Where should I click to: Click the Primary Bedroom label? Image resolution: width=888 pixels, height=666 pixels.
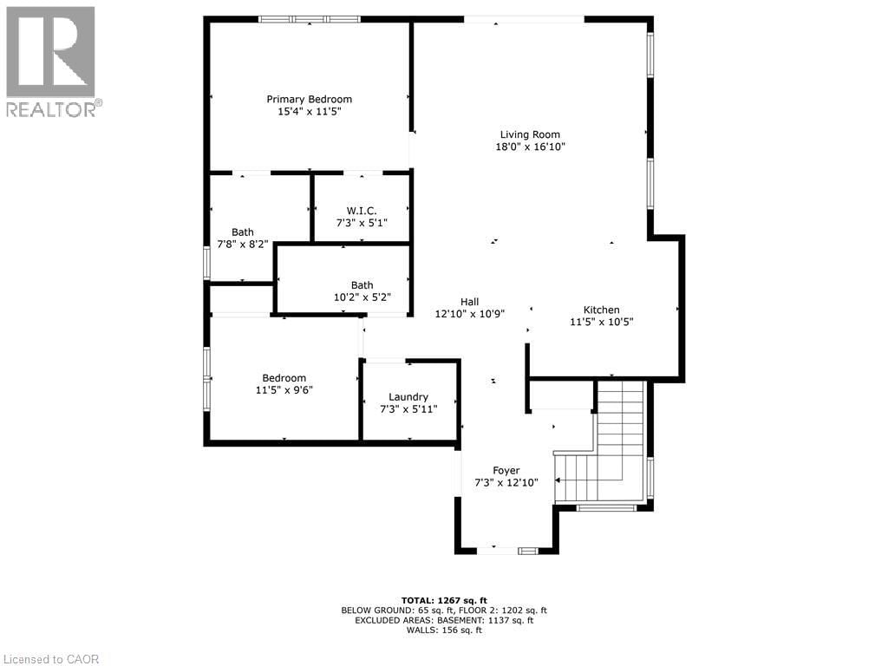click(309, 99)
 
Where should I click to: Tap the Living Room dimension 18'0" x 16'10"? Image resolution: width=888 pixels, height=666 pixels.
click(530, 147)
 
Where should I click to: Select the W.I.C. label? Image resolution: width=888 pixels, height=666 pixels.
click(361, 210)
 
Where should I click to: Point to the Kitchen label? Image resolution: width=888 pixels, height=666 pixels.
click(601, 310)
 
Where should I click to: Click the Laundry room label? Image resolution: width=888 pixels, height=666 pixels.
click(408, 396)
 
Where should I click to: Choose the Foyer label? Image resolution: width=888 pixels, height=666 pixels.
click(506, 470)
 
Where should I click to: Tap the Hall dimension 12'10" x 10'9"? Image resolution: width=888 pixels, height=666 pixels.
click(469, 314)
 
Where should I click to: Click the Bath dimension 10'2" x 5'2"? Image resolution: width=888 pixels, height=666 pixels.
click(362, 297)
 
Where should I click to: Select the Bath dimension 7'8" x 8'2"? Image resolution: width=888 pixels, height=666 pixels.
click(243, 245)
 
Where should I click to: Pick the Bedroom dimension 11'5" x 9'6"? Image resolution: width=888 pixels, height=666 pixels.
click(284, 390)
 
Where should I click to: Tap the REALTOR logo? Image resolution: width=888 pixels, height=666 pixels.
click(52, 61)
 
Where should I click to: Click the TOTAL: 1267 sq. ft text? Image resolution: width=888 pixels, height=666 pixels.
click(444, 600)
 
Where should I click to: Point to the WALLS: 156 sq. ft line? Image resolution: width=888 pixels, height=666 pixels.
click(444, 630)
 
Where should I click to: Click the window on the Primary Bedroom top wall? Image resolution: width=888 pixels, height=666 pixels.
click(310, 18)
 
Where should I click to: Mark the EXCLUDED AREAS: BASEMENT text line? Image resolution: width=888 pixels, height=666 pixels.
click(444, 620)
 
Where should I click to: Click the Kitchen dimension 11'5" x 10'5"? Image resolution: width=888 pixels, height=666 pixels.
click(601, 322)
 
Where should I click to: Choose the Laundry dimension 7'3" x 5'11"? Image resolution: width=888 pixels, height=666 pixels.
click(408, 408)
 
